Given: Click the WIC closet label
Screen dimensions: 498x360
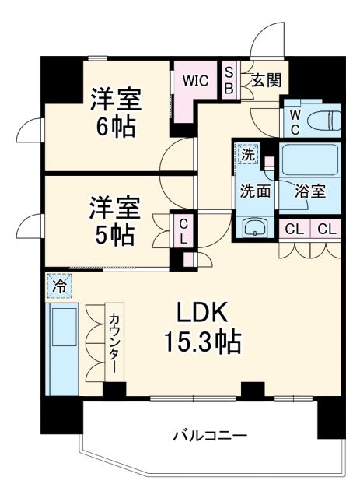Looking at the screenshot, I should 195,80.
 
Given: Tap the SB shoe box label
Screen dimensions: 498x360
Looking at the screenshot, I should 229,80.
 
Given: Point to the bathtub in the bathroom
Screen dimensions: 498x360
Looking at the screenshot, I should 310,160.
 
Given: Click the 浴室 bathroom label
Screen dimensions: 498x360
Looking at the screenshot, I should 309,190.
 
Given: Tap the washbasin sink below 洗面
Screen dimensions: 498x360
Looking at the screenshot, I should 254,227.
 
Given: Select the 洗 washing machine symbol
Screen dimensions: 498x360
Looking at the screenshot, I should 247,154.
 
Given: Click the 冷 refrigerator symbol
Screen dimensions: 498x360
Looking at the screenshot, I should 59,286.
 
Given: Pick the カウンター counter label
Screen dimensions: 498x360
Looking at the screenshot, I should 114,342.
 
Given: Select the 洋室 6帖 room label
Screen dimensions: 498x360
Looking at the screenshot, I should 114,113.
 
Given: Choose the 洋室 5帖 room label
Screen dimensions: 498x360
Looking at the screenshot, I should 114,220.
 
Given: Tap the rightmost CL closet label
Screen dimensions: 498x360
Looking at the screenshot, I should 327,229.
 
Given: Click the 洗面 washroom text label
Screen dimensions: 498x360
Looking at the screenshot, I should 255,190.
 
